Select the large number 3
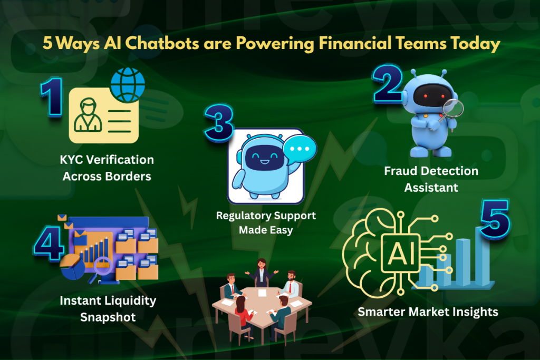[218, 122]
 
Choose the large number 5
[495, 217]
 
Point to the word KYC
[73, 160]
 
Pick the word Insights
[475, 312]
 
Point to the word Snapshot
[108, 317]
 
